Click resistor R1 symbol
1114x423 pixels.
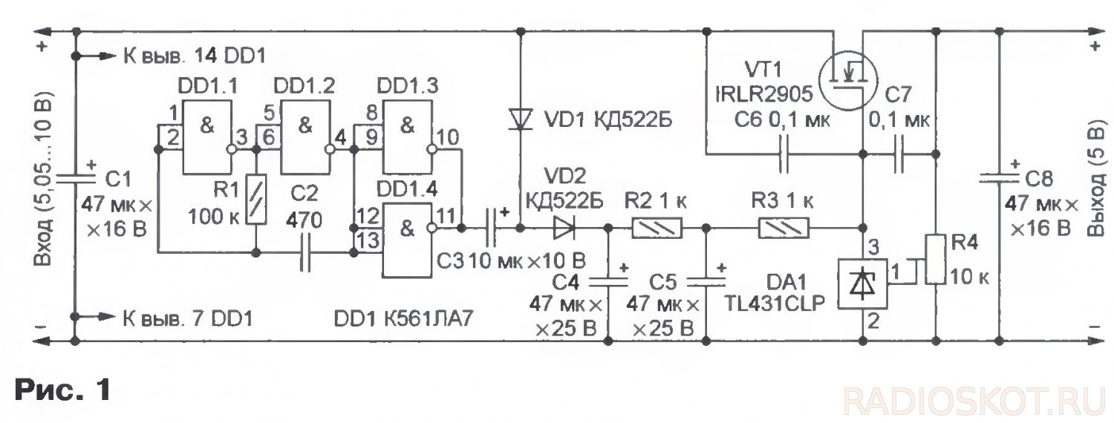pyautogui.click(x=256, y=200)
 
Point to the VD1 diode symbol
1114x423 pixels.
pyautogui.click(x=520, y=119)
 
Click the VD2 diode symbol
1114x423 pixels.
pyautogui.click(x=564, y=228)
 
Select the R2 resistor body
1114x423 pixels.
pyautogui.click(x=657, y=228)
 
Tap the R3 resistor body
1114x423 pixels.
pyautogui.click(x=784, y=228)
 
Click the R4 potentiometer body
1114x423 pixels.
pyautogui.click(x=936, y=260)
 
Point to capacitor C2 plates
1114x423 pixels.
pyautogui.click(x=305, y=253)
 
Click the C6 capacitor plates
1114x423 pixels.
pyautogui.click(x=784, y=154)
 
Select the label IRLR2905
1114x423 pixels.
pyautogui.click(x=764, y=94)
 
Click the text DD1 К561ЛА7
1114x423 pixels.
pyautogui.click(x=403, y=318)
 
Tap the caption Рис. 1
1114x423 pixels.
pyautogui.click(x=62, y=390)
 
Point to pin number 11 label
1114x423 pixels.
pyautogui.click(x=446, y=216)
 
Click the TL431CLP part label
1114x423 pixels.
pyautogui.click(x=774, y=304)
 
